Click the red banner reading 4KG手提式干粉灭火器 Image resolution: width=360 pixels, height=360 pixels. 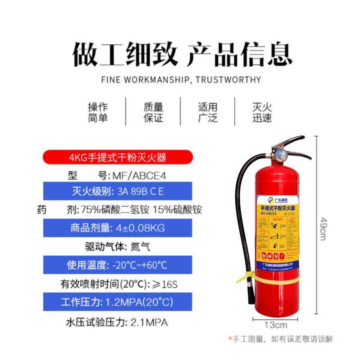pyautogui.click(x=117, y=157)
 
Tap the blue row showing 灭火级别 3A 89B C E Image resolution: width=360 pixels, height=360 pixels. pyautogui.click(x=117, y=192)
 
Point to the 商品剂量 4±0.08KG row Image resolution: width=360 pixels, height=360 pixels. pyautogui.click(x=117, y=228)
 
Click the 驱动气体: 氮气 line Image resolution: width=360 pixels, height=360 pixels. pyautogui.click(x=117, y=247)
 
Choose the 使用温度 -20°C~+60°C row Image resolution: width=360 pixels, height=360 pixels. pyautogui.click(x=117, y=265)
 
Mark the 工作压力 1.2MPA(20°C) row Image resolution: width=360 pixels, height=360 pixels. pyautogui.click(x=117, y=301)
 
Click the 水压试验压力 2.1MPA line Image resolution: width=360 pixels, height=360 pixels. pyautogui.click(x=117, y=322)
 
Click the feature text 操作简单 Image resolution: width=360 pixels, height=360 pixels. pyautogui.click(x=98, y=112)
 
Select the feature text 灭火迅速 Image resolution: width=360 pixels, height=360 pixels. pyautogui.click(x=262, y=112)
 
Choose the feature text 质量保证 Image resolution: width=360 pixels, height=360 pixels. pyautogui.click(x=153, y=112)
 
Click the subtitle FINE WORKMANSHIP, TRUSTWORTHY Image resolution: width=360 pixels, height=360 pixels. pyautogui.click(x=181, y=80)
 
